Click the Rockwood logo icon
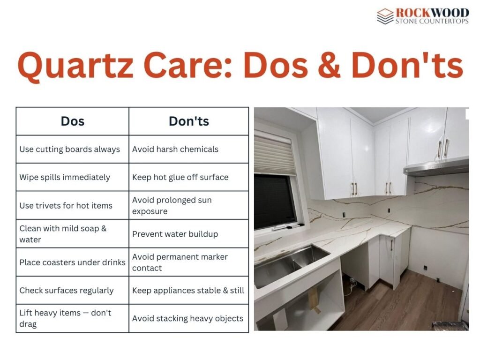pyautogui.click(x=385, y=16)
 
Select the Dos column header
pyautogui.click(x=73, y=121)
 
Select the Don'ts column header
pyautogui.click(x=188, y=121)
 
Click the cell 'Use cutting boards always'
pyautogui.click(x=70, y=149)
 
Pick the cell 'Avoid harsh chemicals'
pyautogui.click(x=175, y=149)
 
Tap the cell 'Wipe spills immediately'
pyautogui.click(x=65, y=177)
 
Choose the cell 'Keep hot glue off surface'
pyautogui.click(x=180, y=177)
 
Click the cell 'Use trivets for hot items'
pyautogui.click(x=66, y=205)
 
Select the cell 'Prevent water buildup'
pyautogui.click(x=175, y=233)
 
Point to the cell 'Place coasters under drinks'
pyautogui.click(x=72, y=262)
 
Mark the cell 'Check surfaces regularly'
pyautogui.click(x=67, y=290)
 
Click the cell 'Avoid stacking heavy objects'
pyautogui.click(x=187, y=318)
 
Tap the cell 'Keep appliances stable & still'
pyautogui.click(x=188, y=290)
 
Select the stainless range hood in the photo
pyautogui.click(x=436, y=167)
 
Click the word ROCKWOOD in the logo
pyautogui.click(x=432, y=12)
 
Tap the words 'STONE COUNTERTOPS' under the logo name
pyautogui.click(x=432, y=21)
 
